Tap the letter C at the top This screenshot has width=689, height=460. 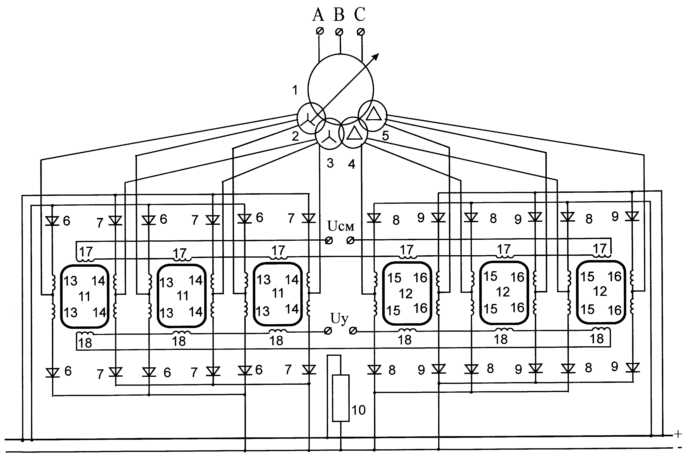click(x=360, y=14)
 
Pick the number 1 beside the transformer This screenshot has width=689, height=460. click(x=295, y=90)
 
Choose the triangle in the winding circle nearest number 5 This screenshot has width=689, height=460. click(x=374, y=114)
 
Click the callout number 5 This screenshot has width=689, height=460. click(x=385, y=136)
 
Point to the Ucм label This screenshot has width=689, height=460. click(x=341, y=226)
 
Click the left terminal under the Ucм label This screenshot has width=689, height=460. click(x=329, y=241)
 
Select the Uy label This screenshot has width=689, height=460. click(x=340, y=318)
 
